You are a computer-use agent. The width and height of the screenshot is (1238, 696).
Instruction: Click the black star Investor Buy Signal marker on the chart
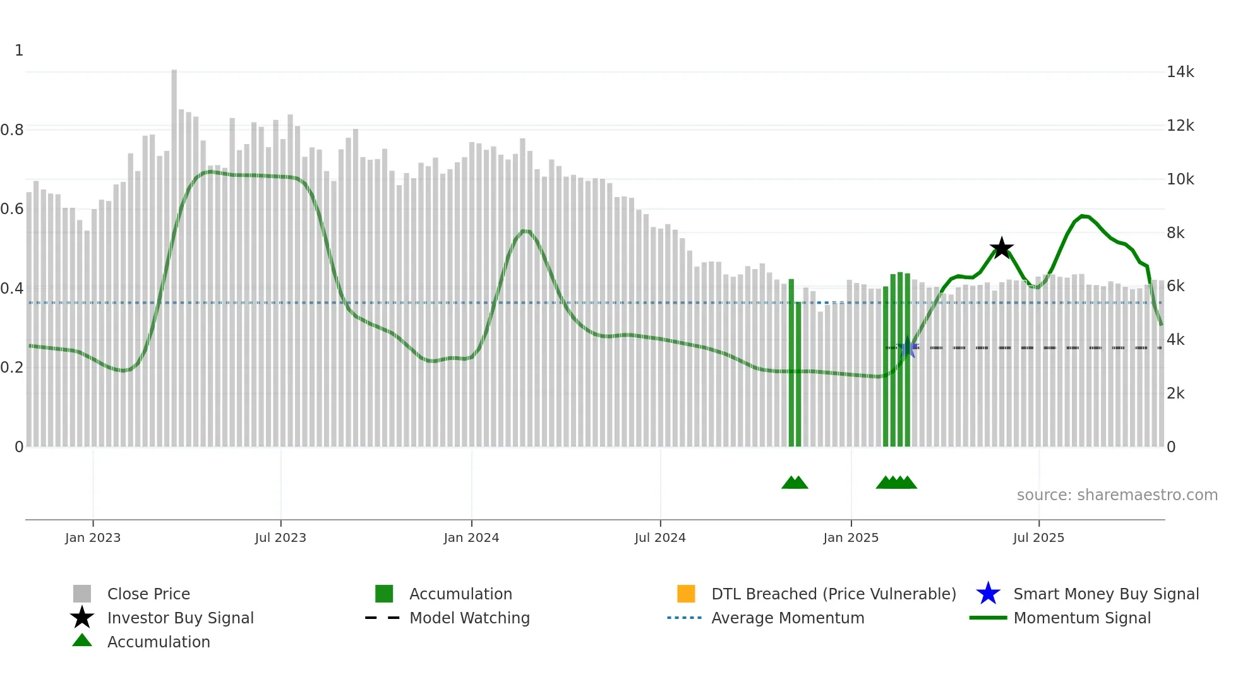click(1001, 248)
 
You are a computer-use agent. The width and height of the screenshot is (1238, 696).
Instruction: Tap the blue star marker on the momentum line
click(908, 347)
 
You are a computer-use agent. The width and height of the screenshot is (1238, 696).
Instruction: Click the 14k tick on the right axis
click(1180, 72)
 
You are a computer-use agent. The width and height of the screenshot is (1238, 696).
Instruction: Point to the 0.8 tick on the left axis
click(13, 130)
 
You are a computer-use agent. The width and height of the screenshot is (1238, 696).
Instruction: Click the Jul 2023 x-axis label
click(280, 537)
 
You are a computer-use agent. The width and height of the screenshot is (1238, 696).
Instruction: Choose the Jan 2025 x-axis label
click(851, 537)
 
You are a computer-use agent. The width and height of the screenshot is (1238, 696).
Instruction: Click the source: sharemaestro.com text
click(1117, 495)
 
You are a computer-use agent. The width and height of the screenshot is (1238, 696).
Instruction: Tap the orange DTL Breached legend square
click(686, 594)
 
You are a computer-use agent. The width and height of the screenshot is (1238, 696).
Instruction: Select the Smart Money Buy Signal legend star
click(988, 594)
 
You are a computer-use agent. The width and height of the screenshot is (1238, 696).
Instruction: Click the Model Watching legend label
click(469, 618)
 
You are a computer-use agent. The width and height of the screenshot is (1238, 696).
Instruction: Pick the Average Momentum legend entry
click(787, 618)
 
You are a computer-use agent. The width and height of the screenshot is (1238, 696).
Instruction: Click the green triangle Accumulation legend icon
click(82, 640)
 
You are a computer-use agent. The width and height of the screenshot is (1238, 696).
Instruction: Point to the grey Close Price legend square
click(82, 594)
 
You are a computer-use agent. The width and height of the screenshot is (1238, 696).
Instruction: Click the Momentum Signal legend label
click(1081, 618)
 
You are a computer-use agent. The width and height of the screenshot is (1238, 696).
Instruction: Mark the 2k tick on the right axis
click(1175, 393)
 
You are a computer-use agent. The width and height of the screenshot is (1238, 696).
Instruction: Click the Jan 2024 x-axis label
click(471, 537)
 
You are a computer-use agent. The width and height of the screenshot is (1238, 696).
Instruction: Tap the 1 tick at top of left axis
click(19, 51)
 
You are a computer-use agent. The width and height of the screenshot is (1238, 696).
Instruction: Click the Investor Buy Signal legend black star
click(82, 618)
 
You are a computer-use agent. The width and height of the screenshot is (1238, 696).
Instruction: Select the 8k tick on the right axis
click(1175, 233)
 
